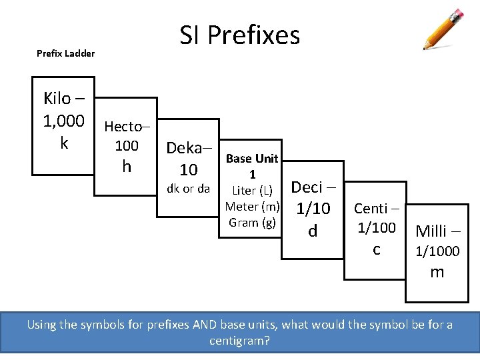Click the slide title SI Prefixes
[x=240, y=35]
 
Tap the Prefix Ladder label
[x=65, y=53]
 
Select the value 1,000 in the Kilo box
[x=64, y=121]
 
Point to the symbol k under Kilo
[x=64, y=143]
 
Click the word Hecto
[x=123, y=127]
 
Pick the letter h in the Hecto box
[x=127, y=166]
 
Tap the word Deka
[x=185, y=148]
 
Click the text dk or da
[x=188, y=189]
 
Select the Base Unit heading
[x=252, y=159]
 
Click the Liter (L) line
[x=253, y=191]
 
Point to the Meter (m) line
[x=253, y=207]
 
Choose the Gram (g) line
[x=252, y=223]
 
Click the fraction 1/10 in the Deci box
[x=313, y=209]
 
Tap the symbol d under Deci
[x=312, y=231]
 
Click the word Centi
[x=372, y=209]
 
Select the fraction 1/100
[x=377, y=228]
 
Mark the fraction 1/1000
[x=437, y=251]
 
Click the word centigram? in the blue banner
[x=239, y=341]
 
